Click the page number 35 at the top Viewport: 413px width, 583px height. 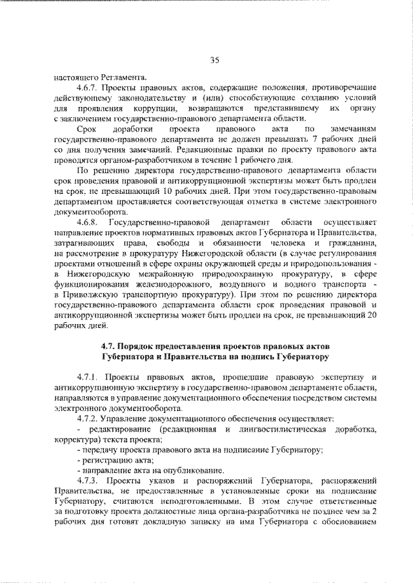(215, 61)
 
